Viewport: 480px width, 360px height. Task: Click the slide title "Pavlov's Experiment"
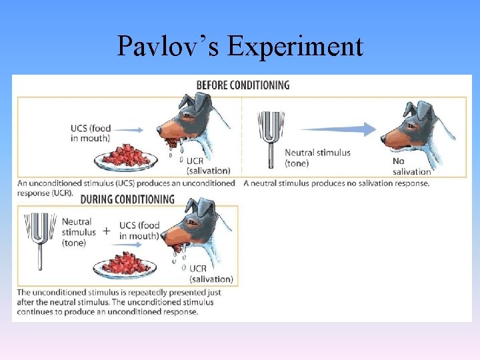tap(240, 47)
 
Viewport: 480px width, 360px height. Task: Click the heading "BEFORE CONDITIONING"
tap(243, 85)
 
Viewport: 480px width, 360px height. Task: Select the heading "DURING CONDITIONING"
tap(127, 199)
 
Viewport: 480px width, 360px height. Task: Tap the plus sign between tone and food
tap(105, 231)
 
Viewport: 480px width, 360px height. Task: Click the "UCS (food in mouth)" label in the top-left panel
tap(91, 133)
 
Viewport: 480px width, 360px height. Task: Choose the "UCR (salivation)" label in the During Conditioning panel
tap(211, 274)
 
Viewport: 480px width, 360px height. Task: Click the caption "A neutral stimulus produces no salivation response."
tap(337, 183)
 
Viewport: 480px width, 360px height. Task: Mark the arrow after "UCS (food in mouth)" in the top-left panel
tap(131, 131)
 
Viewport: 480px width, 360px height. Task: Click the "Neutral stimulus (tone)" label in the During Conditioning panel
tap(79, 232)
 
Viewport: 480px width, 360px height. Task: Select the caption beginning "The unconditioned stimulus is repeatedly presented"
tap(119, 302)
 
